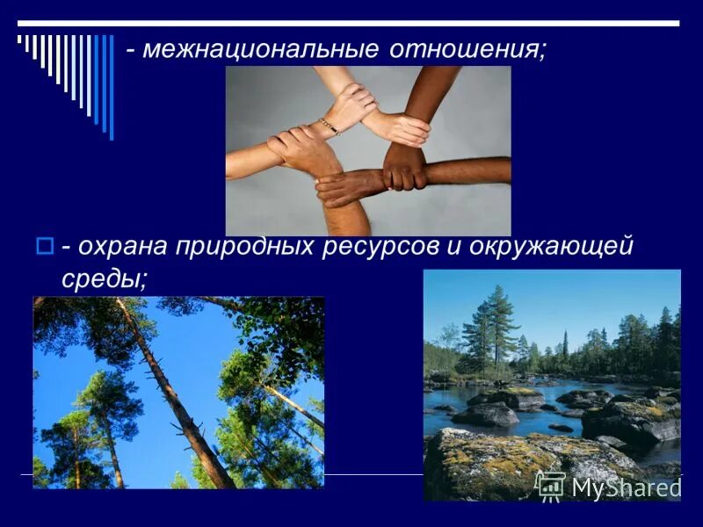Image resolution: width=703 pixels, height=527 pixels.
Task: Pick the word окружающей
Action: [552, 248]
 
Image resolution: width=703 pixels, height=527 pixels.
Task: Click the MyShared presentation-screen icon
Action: [550, 486]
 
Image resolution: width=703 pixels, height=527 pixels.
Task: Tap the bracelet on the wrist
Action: [329, 126]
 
